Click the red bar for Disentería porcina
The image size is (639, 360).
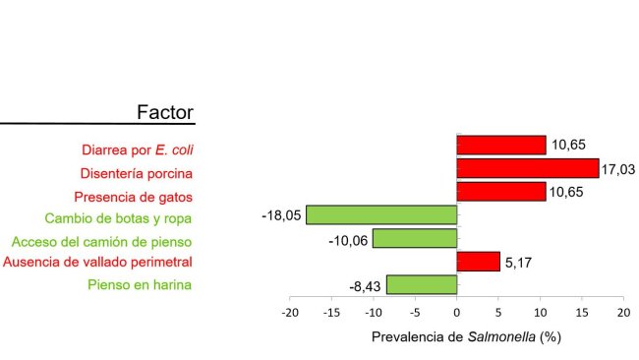(528, 168)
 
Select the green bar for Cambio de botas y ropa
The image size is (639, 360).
(381, 214)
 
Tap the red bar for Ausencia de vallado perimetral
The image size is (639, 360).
(479, 262)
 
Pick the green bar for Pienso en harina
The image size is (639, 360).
(422, 285)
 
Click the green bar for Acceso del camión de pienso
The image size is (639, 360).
(415, 238)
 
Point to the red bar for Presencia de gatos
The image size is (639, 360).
(501, 192)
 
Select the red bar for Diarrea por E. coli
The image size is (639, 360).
(501, 146)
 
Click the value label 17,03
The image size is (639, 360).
(618, 169)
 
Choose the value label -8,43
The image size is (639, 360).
(367, 286)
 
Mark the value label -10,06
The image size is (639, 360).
(350, 239)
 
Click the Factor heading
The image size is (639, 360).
(165, 113)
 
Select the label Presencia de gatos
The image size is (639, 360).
(134, 196)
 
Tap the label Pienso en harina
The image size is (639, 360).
(140, 285)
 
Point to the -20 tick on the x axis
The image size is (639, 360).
(290, 312)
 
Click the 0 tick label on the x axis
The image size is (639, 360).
(457, 312)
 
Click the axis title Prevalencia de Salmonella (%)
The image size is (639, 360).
(466, 336)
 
